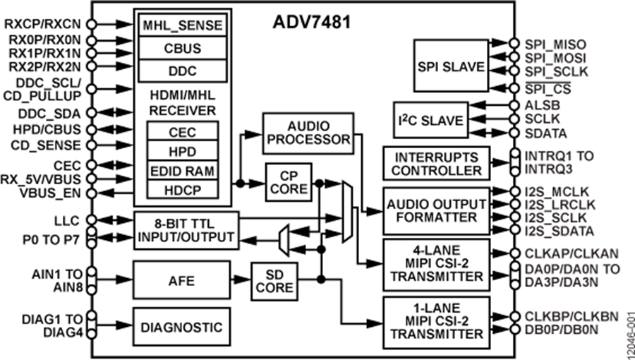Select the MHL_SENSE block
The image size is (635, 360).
[183, 25]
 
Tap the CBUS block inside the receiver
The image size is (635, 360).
[183, 49]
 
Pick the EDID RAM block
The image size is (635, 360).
[183, 170]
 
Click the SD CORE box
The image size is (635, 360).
[273, 281]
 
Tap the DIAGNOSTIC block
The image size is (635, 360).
[181, 327]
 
